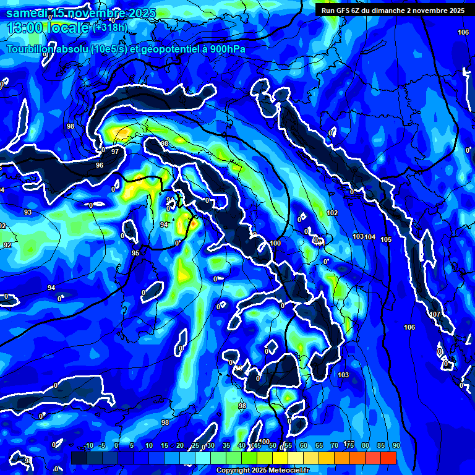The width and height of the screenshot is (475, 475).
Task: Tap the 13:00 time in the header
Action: pyautogui.click(x=24, y=27)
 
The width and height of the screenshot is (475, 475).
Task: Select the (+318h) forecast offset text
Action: pyautogui.click(x=110, y=27)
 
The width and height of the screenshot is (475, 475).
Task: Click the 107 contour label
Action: pyautogui.click(x=435, y=315)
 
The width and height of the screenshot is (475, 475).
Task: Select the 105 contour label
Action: pyautogui.click(x=387, y=239)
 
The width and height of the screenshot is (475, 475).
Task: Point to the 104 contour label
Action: pyautogui.click(x=370, y=237)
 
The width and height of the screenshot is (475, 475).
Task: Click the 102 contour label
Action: pyautogui.click(x=332, y=213)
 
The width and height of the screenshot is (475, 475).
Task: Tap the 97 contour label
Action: pyautogui.click(x=115, y=152)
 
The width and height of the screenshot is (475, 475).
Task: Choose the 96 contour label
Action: pyautogui.click(x=100, y=166)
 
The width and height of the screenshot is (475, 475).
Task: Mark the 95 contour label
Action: pyautogui.click(x=135, y=253)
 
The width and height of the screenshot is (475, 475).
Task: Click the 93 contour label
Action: pyautogui.click(x=28, y=213)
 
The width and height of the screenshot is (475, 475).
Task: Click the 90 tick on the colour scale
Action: pyautogui.click(x=396, y=445)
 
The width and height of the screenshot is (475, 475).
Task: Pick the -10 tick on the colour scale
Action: pyautogui.click(x=88, y=445)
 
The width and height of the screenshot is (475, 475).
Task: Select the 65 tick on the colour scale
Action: pyautogui.click(x=319, y=445)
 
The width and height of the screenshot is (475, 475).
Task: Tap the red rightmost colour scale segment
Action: pyautogui.click(x=388, y=458)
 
